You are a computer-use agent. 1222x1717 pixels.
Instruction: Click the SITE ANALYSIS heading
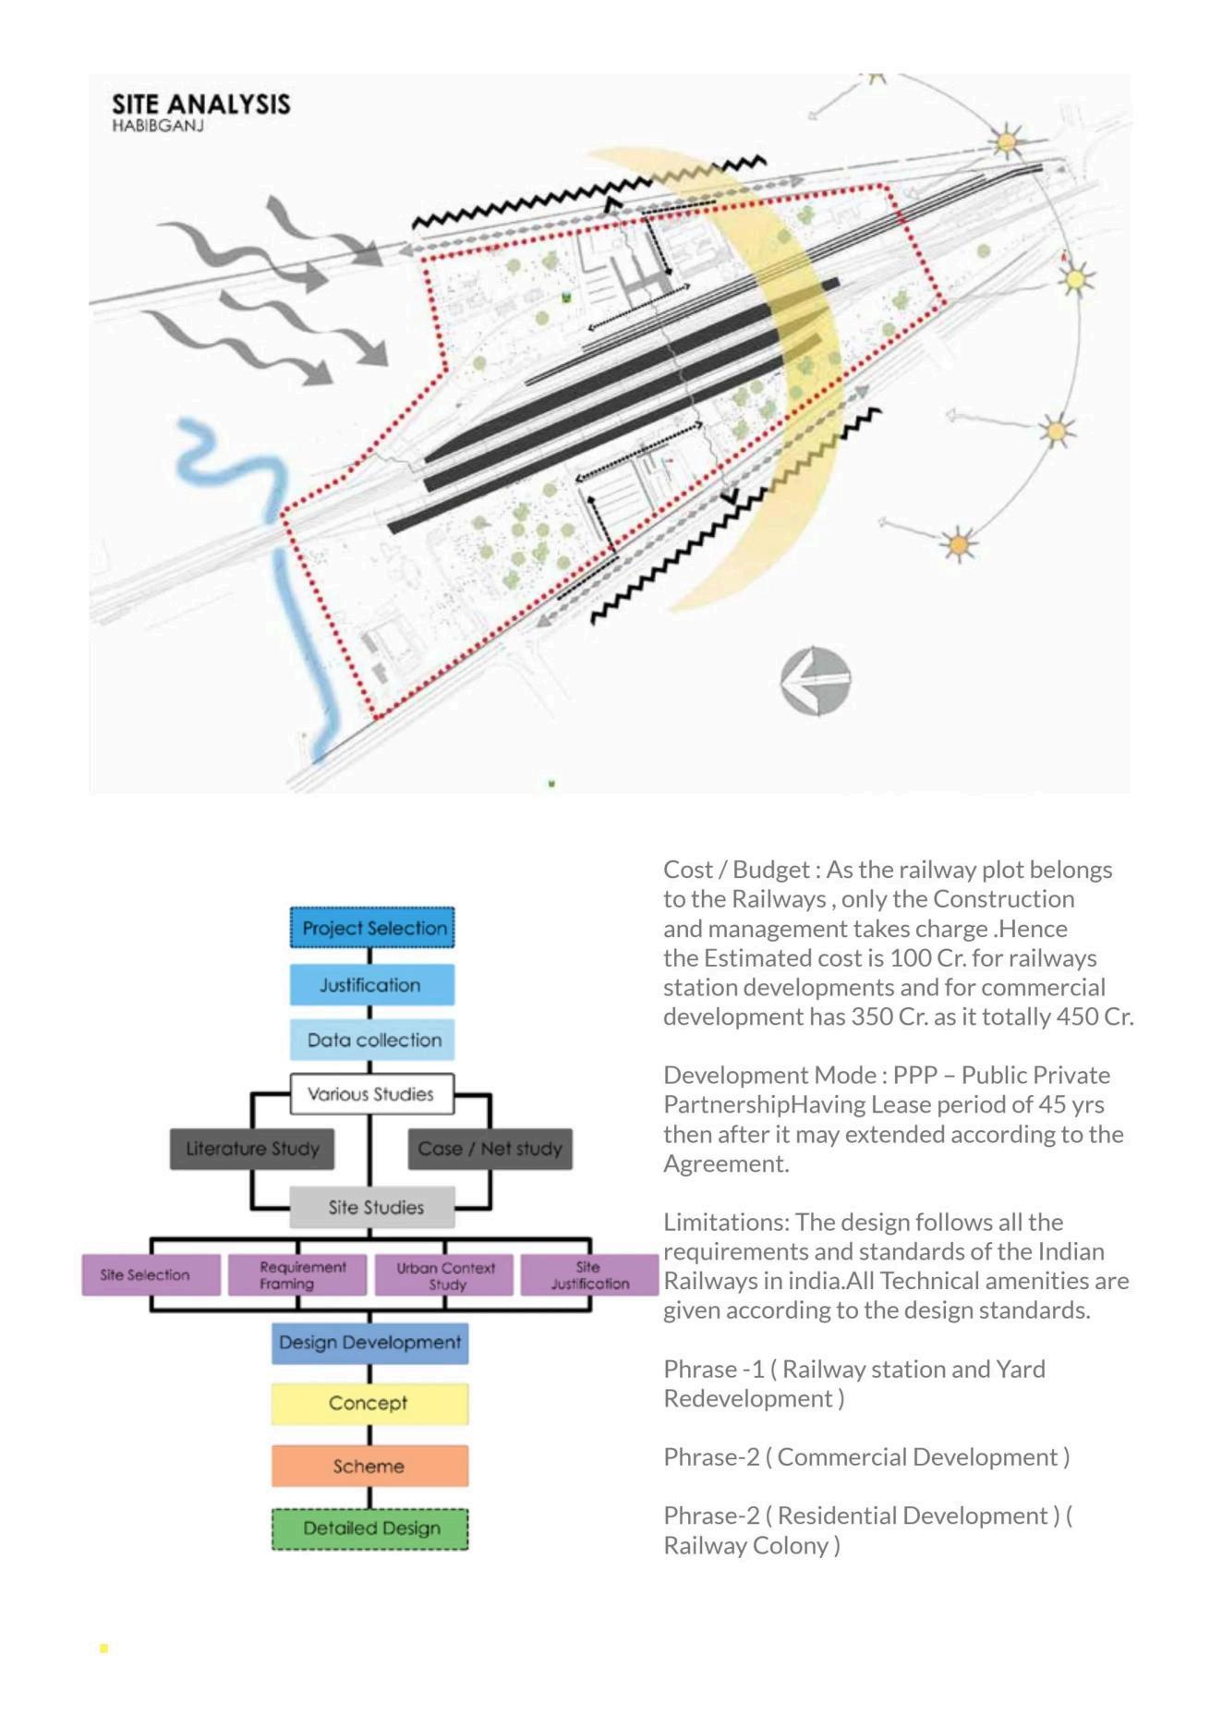click(x=200, y=104)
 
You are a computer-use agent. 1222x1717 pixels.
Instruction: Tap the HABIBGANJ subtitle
click(x=157, y=126)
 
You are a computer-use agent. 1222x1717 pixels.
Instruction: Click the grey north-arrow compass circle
click(x=816, y=681)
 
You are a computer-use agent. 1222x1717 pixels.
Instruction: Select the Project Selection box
click(x=372, y=928)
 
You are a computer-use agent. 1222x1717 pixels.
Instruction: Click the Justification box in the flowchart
click(x=371, y=985)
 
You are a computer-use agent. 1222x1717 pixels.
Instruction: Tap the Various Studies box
click(x=371, y=1094)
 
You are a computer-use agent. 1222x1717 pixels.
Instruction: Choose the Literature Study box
click(x=252, y=1149)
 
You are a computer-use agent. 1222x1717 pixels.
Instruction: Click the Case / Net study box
click(x=490, y=1149)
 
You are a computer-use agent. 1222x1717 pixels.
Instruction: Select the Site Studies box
click(x=373, y=1207)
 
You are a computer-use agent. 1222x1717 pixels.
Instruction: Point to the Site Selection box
click(x=151, y=1275)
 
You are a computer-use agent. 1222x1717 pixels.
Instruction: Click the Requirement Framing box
click(x=297, y=1275)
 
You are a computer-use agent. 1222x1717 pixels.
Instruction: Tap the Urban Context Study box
click(x=444, y=1275)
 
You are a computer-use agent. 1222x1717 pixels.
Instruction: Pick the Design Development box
click(x=369, y=1343)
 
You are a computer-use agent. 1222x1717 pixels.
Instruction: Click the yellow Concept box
click(x=369, y=1403)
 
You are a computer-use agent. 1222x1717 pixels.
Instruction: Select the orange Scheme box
click(x=369, y=1466)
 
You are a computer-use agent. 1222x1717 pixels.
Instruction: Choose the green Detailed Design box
click(x=369, y=1528)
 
